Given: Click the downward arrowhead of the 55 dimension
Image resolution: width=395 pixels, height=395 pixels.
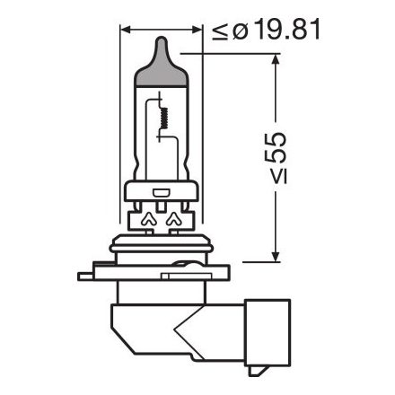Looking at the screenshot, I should click(x=274, y=256).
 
